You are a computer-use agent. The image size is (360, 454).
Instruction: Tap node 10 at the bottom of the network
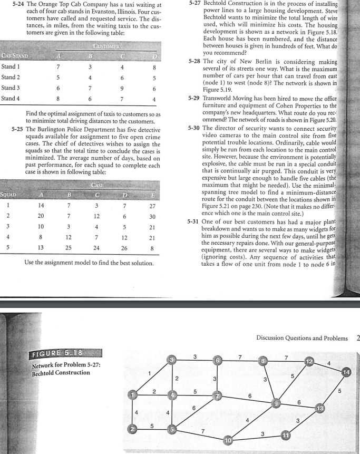[228, 439]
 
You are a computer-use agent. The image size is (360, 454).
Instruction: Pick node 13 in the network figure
[319, 409]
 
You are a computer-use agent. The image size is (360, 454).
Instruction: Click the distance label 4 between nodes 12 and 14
[328, 362]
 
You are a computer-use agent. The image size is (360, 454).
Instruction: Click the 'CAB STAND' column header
[15, 55]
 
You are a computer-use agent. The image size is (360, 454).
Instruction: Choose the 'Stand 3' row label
[11, 88]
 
